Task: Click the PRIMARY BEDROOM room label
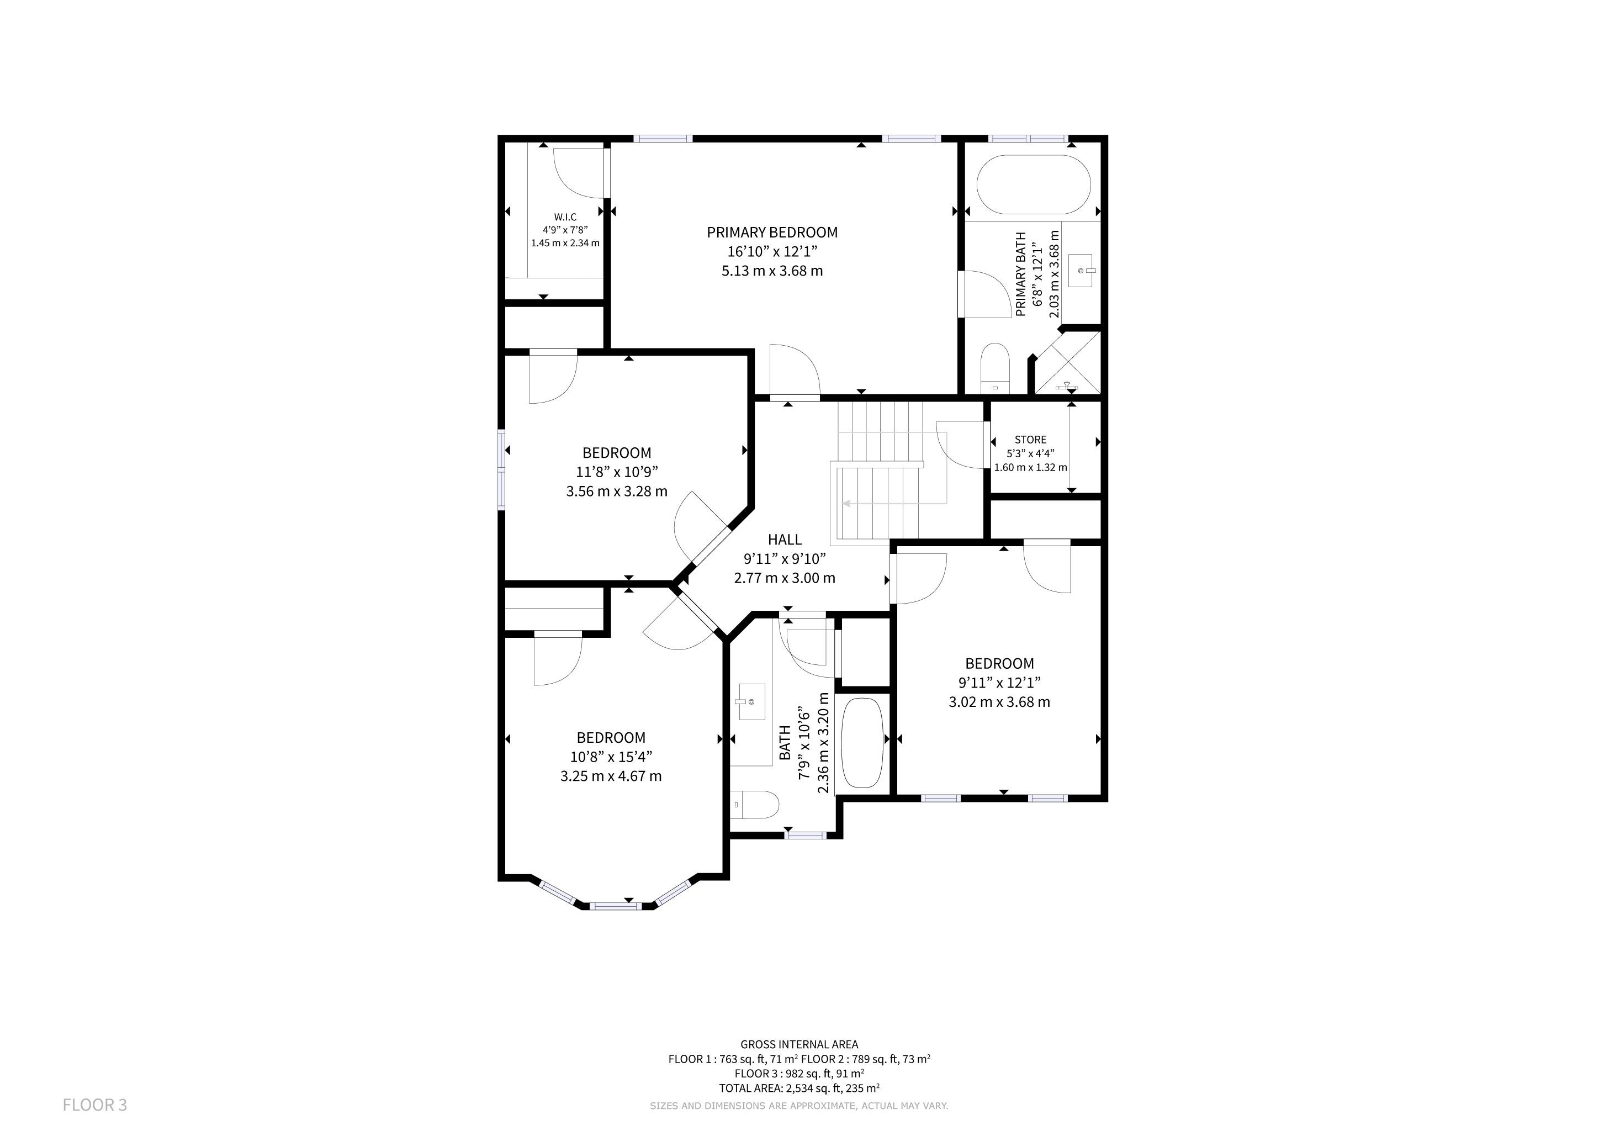(x=772, y=232)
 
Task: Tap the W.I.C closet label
(x=565, y=217)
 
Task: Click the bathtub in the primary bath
(x=1033, y=184)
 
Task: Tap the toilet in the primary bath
(x=994, y=368)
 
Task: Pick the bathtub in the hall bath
(x=862, y=743)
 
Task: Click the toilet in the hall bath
(x=754, y=805)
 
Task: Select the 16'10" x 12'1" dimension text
(x=772, y=251)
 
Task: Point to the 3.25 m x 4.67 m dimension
(x=611, y=776)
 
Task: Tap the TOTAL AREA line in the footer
(x=799, y=1088)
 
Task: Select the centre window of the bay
(x=615, y=906)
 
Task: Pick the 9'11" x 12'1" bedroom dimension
(x=999, y=683)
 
